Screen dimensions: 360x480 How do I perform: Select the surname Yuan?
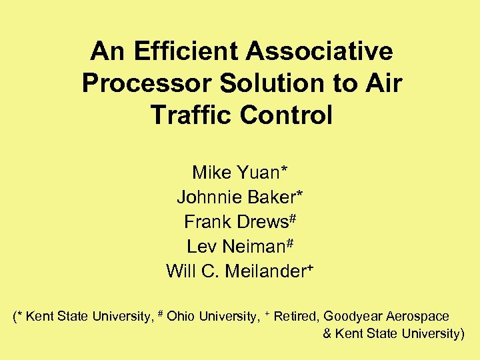tap(259, 173)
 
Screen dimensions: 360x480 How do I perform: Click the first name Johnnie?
tap(209, 197)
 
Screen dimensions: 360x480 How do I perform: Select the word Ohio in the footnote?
tap(181, 317)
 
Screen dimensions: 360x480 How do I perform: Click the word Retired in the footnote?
tap(295, 317)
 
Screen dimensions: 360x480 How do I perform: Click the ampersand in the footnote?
tap(327, 334)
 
